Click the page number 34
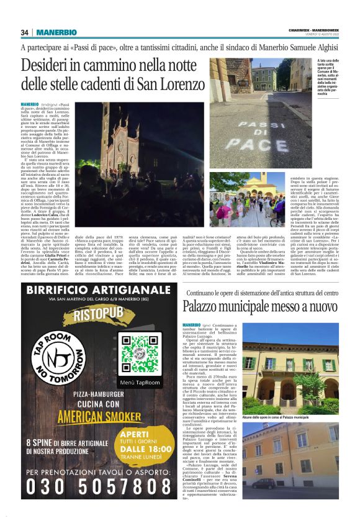coord(25,32)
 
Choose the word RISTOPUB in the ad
coord(99,315)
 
